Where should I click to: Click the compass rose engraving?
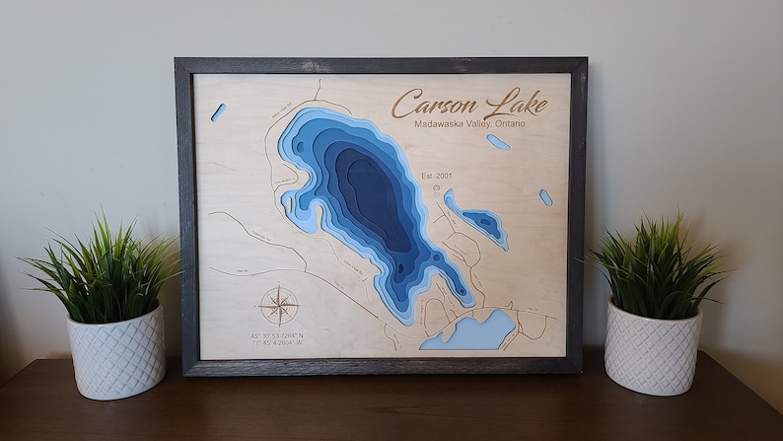(x=279, y=305)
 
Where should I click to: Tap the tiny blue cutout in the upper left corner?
(x=218, y=112)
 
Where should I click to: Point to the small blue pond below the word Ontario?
(x=498, y=142)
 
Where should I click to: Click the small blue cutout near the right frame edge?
(x=545, y=197)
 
